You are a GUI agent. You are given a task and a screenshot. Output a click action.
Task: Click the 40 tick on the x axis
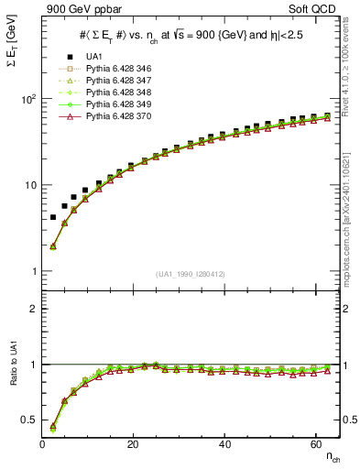click(x=225, y=444)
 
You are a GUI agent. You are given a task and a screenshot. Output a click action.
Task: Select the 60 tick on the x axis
click(x=316, y=444)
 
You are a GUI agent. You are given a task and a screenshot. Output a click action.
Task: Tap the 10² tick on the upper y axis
click(x=26, y=99)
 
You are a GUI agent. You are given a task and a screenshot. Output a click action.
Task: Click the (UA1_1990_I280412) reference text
click(x=191, y=273)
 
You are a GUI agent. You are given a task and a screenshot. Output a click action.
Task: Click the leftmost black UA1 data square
click(x=53, y=218)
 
